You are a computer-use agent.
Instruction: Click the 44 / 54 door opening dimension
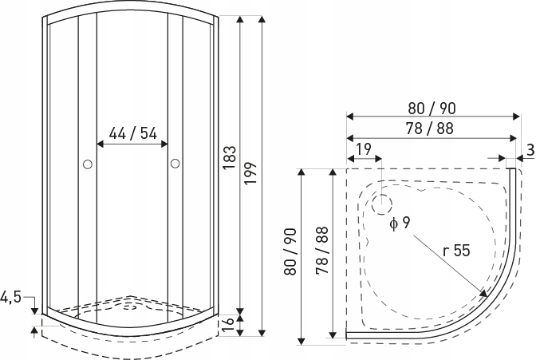(x=132, y=133)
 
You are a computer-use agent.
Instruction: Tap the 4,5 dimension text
(x=10, y=299)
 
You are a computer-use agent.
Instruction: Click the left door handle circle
(x=88, y=164)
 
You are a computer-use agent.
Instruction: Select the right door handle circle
(x=175, y=164)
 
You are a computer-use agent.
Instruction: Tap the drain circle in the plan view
(x=383, y=204)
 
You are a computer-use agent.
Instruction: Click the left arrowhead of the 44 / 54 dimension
(x=100, y=144)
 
